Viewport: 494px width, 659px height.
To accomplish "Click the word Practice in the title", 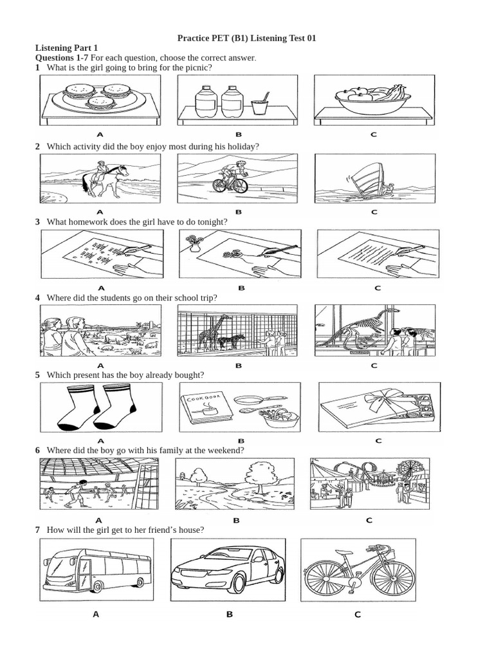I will coord(194,39).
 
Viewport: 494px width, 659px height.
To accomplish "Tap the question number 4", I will coord(38,298).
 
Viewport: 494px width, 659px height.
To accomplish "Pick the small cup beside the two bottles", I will coord(259,105).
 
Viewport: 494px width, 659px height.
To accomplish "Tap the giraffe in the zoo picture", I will coord(210,331).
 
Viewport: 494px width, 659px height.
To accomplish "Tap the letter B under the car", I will coord(228,615).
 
